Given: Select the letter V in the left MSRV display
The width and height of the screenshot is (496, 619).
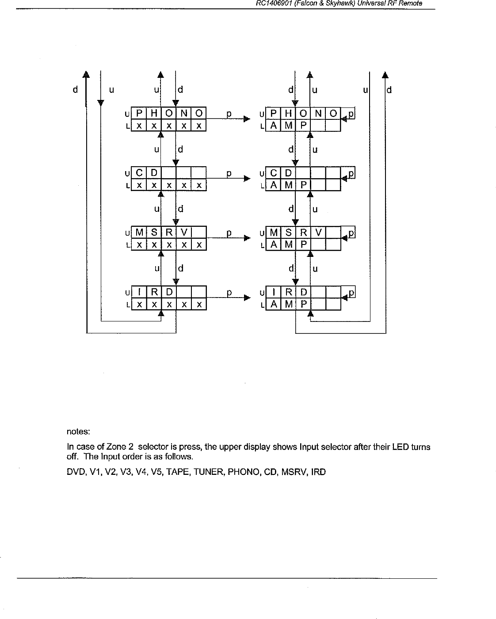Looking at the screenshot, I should tap(184, 233).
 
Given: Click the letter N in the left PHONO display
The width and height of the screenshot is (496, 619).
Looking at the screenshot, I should tap(184, 113).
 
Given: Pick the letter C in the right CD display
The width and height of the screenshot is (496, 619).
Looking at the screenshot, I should tap(274, 173).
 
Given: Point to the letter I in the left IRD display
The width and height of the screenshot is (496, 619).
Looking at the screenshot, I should tap(139, 292).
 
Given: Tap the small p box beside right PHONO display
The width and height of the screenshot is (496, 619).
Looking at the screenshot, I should tap(351, 114).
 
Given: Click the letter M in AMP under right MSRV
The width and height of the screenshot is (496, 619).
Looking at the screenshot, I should tap(289, 245).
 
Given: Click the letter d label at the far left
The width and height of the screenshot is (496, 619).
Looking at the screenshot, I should tap(76, 90).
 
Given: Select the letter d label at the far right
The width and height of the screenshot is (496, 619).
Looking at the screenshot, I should tap(389, 90).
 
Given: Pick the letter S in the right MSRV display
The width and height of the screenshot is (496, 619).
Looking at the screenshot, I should tap(289, 233).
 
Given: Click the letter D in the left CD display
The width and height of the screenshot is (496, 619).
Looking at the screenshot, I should tap(154, 173).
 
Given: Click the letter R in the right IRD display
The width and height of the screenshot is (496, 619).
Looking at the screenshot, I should tap(289, 292).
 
